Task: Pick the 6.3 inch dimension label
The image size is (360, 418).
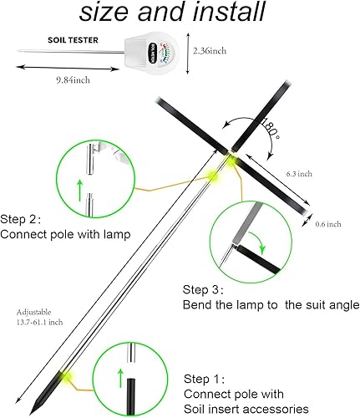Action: coord(299,173)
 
